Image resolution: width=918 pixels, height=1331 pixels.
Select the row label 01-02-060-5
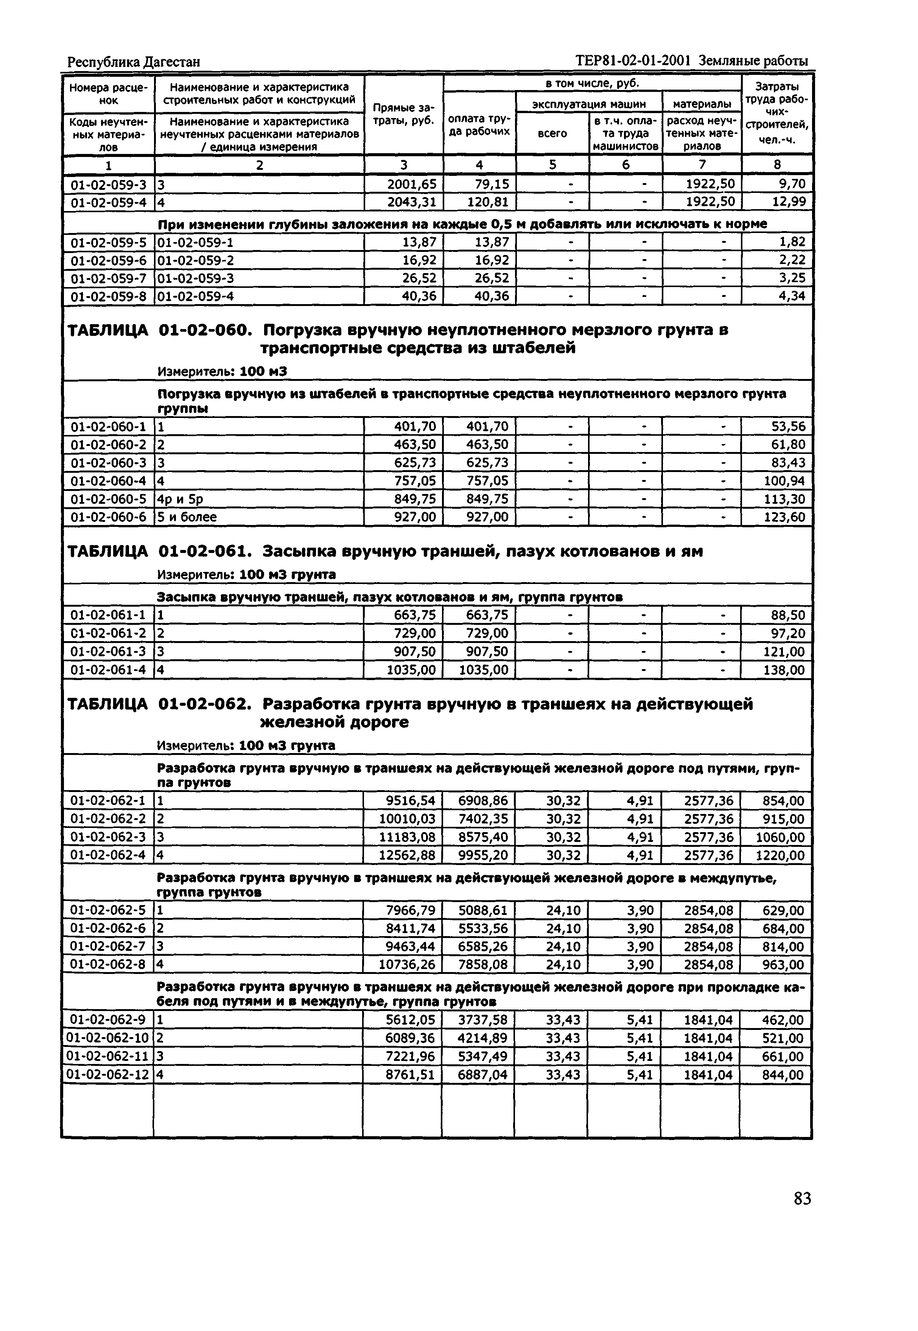[x=108, y=499]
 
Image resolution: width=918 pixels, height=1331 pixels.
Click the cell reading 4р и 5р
[x=180, y=499]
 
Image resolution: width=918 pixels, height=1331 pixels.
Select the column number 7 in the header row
[x=702, y=165]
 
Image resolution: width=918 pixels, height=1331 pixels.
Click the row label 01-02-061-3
[x=108, y=651]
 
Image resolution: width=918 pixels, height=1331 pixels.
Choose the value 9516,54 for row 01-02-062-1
[x=410, y=801]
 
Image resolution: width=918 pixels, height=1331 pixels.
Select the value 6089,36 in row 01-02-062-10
[x=410, y=1038]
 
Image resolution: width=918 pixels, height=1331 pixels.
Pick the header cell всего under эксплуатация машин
[x=552, y=134]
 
